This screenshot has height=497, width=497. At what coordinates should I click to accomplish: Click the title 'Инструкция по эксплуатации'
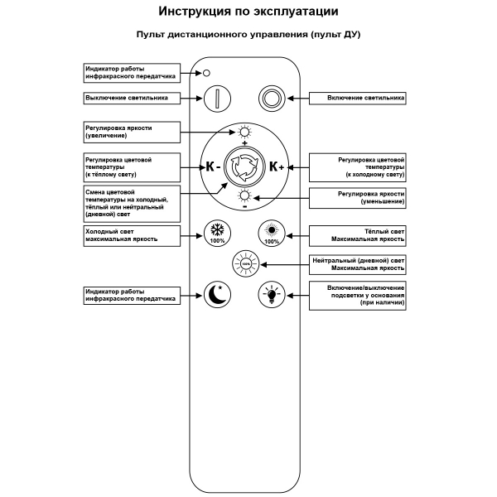[x=248, y=13]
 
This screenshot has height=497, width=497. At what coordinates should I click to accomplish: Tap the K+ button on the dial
[x=277, y=166]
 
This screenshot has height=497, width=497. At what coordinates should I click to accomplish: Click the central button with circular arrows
[x=244, y=166]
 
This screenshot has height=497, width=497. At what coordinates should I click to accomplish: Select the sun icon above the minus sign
[x=244, y=195]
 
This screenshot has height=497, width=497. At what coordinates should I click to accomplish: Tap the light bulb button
[x=271, y=293]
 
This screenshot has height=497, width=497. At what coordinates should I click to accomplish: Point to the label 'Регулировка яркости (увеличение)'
[x=130, y=132]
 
